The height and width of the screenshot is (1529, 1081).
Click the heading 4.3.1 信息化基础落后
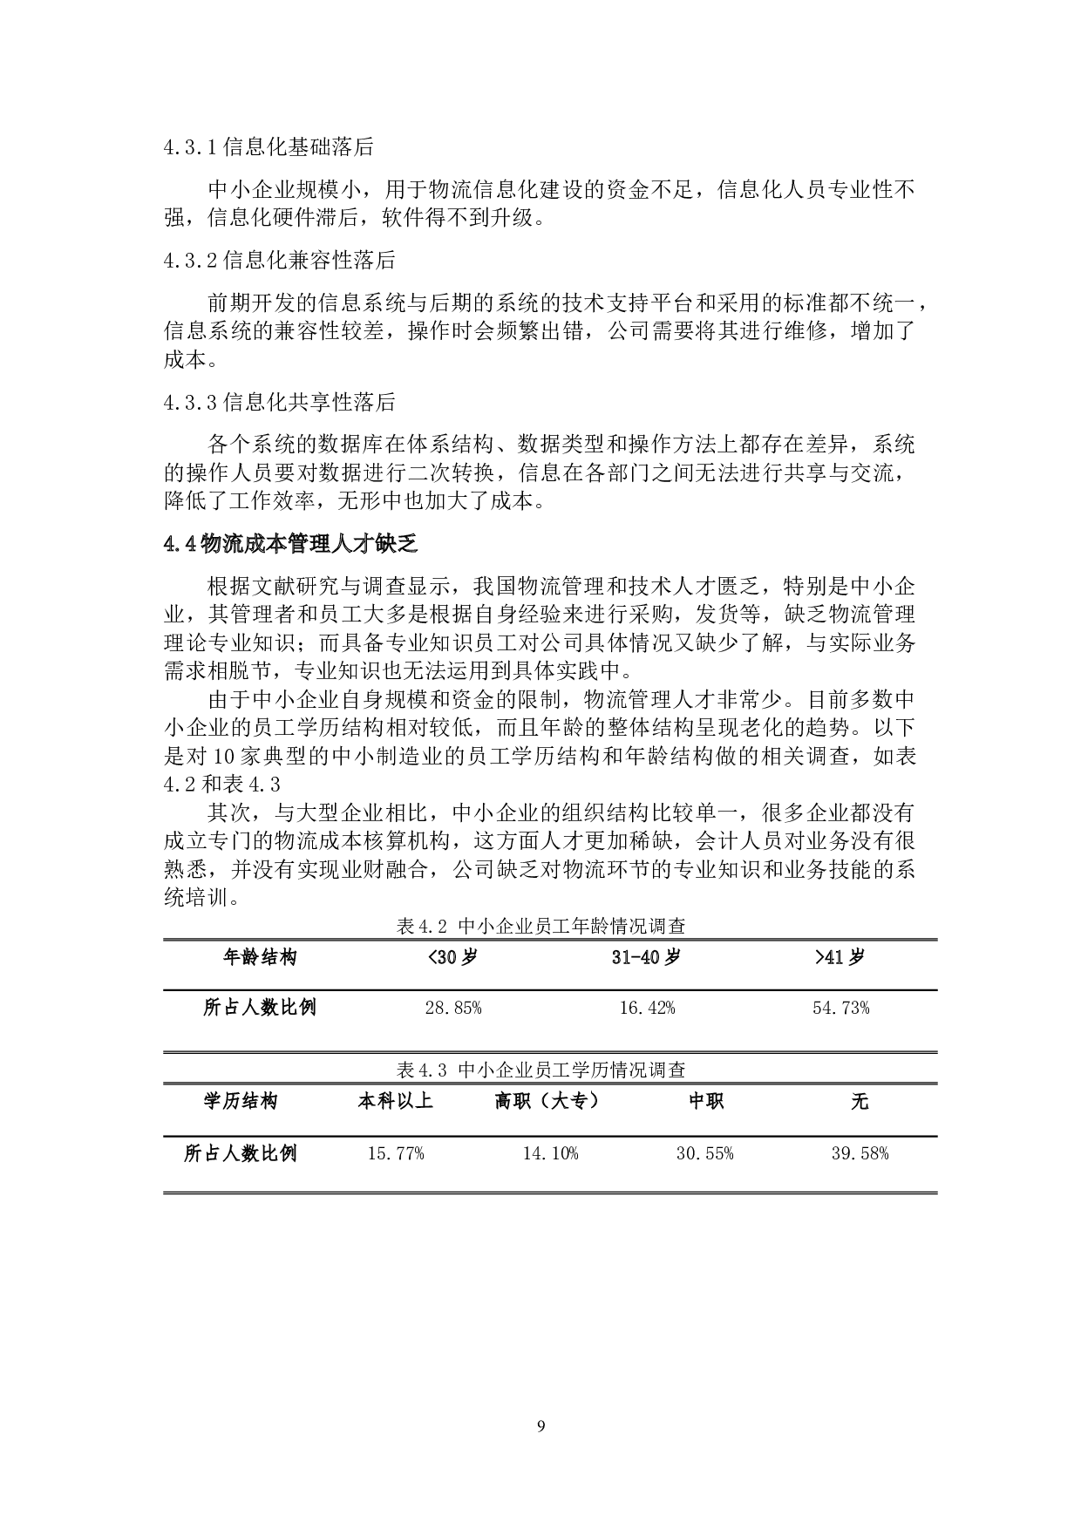[x=268, y=147]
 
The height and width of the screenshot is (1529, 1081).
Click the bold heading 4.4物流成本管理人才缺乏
[x=290, y=545]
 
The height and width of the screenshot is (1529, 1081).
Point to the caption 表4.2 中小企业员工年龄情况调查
[x=540, y=927]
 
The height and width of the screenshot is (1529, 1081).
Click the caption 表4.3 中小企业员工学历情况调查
[x=540, y=1070]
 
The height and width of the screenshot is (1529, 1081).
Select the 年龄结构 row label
[x=260, y=957]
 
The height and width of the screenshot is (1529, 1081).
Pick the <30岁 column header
[x=452, y=957]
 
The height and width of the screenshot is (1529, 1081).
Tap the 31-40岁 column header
[x=646, y=957]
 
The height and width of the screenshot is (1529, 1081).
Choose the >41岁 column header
[x=840, y=957]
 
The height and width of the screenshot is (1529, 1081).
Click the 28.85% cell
[x=452, y=1009]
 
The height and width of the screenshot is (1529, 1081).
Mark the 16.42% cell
[x=646, y=1009]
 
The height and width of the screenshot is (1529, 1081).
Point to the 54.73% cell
[x=840, y=1009]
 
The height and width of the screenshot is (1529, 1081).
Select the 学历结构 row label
[x=241, y=1101]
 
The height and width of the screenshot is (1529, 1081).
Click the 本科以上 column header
[x=395, y=1101]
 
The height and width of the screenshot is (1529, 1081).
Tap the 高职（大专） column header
[x=549, y=1101]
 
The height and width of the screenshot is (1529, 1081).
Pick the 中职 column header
[x=705, y=1101]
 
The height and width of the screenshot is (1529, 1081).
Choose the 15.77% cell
[x=395, y=1153]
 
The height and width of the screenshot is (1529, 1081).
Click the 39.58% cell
[x=860, y=1153]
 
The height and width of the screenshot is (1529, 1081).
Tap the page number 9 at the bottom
[x=540, y=1427]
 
